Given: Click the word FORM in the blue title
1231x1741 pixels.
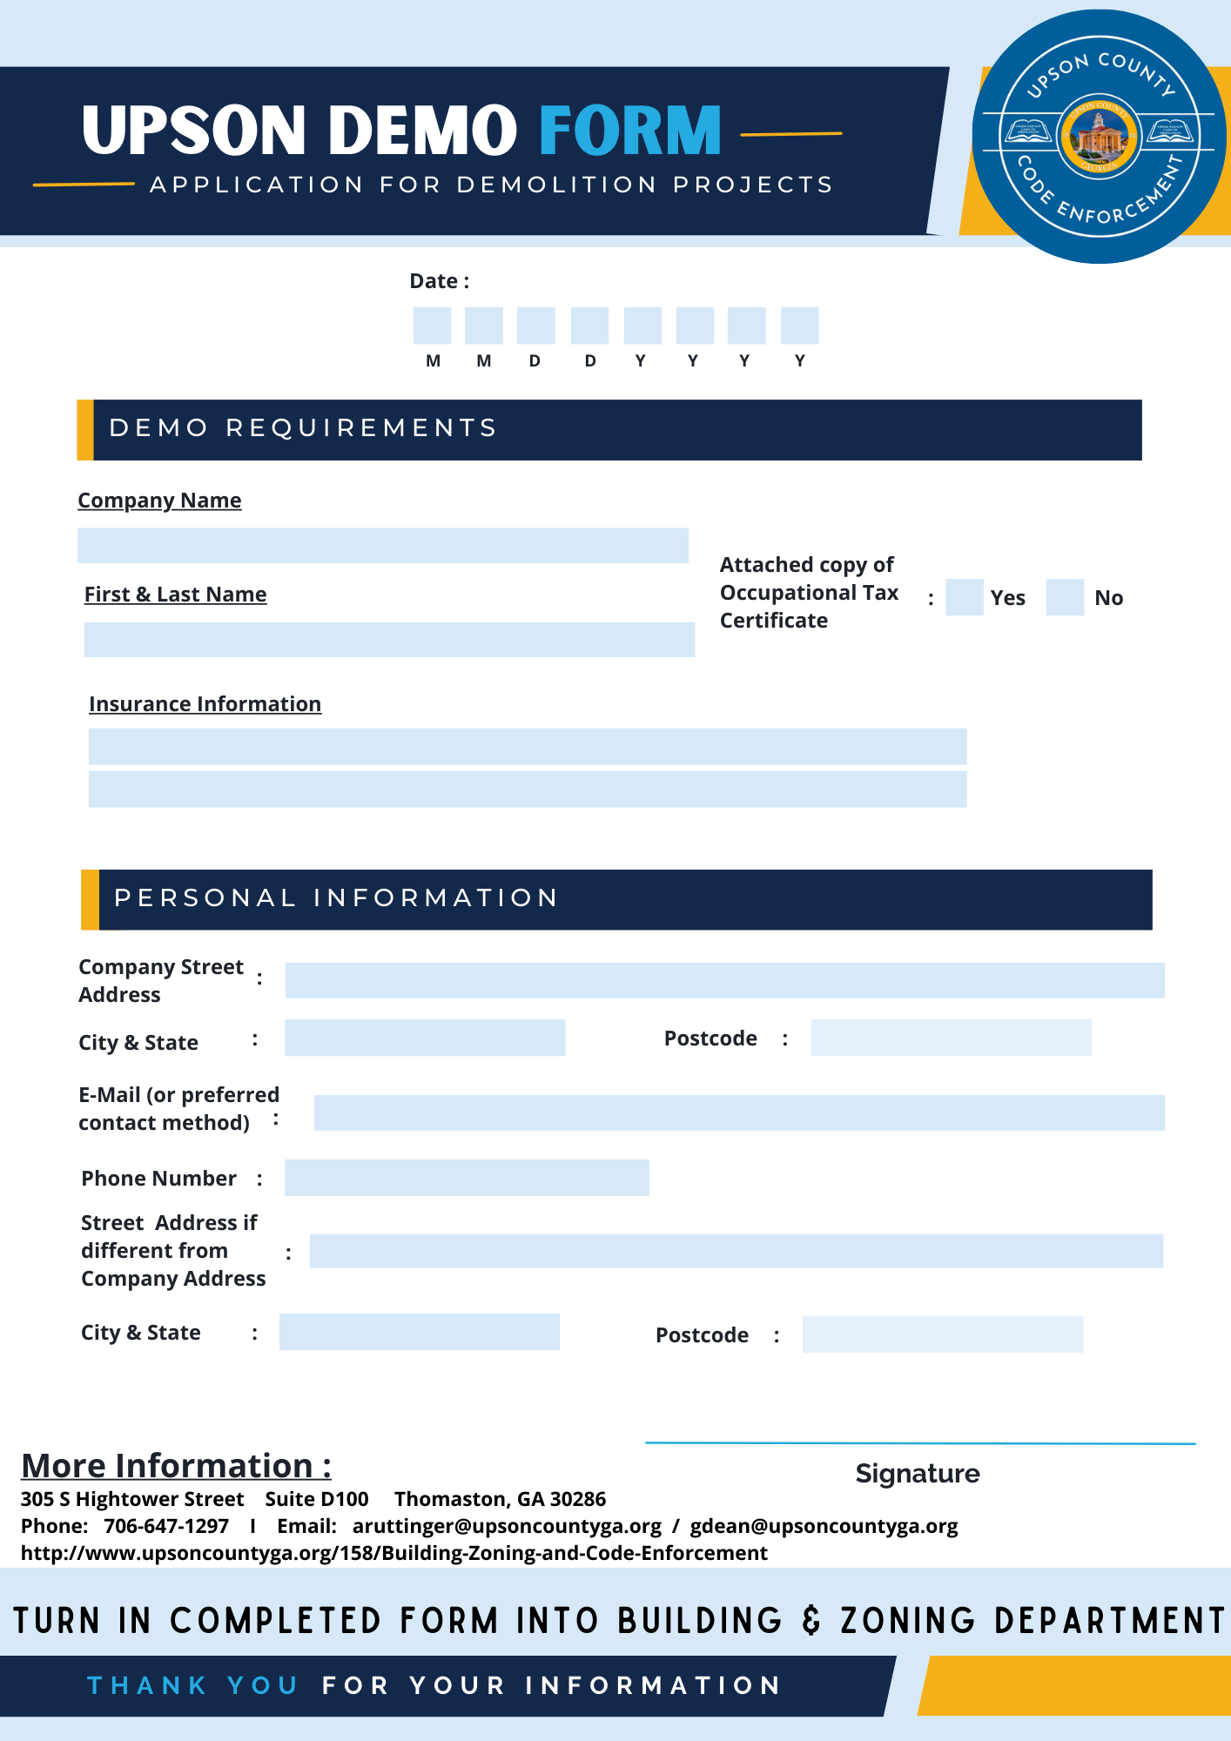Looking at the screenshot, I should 630,131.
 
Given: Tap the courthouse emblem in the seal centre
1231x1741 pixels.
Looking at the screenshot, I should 1099,137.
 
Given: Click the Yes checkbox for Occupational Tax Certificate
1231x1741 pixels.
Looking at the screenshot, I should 964,597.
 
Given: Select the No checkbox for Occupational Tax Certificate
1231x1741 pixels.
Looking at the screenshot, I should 1065,597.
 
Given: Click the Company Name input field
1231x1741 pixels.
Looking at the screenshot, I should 382,546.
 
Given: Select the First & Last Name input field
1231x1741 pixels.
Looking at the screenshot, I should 389,640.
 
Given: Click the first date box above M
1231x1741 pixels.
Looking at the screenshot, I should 432,326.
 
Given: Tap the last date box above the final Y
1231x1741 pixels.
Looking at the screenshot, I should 799,326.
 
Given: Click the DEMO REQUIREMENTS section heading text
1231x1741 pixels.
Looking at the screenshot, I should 303,428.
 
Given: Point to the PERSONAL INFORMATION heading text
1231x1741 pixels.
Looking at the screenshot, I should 336,898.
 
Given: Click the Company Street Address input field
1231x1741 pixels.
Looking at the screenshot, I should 724,980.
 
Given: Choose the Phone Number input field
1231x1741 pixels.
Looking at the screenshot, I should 467,1178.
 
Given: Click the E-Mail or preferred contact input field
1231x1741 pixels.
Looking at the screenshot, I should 738,1113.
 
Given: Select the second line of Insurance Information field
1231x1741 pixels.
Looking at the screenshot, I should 528,790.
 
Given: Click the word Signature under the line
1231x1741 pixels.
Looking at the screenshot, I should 917,1474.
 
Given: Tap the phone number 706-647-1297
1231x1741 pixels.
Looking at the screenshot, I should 166,1526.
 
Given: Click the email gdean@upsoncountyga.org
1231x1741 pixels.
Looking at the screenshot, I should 824,1526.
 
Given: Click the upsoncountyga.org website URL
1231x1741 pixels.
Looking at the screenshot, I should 394,1553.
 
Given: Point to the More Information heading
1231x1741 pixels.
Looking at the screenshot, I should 176,1466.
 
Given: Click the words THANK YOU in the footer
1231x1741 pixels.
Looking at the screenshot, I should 192,1685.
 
